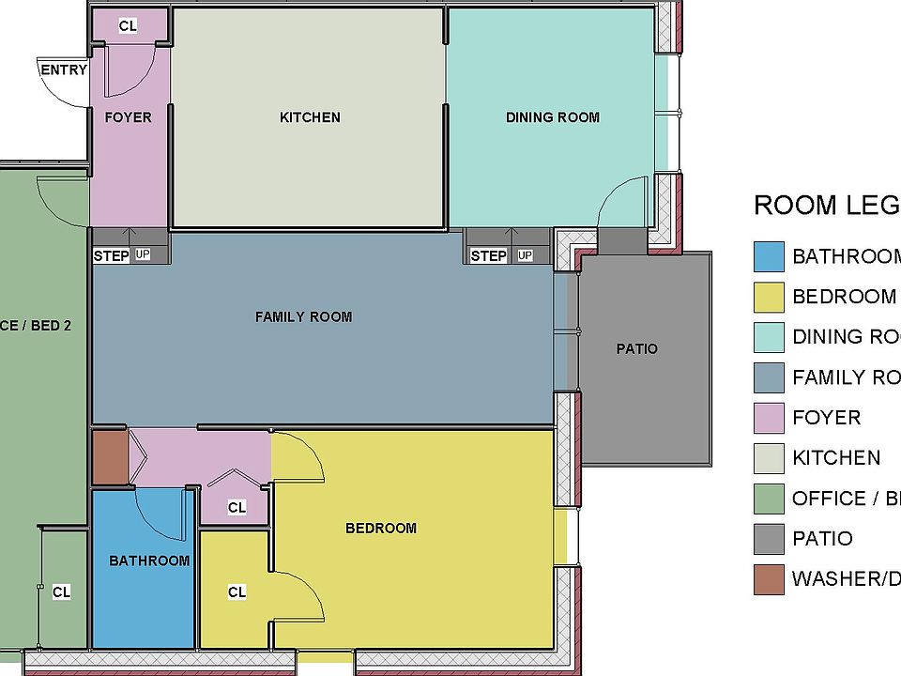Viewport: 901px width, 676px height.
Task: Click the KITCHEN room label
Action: (x=310, y=117)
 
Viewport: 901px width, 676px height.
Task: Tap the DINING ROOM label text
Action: (x=552, y=117)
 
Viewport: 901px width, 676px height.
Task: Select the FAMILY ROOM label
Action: (x=303, y=317)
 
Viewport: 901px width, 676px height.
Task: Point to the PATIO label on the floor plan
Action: (x=636, y=349)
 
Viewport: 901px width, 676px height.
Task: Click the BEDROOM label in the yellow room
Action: (x=380, y=529)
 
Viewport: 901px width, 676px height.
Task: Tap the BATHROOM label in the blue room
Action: (x=149, y=561)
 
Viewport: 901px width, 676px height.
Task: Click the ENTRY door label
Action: (x=63, y=69)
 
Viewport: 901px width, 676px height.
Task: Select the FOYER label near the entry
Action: (x=128, y=117)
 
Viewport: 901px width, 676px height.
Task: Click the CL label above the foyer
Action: (x=128, y=26)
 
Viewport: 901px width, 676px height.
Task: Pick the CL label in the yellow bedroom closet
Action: (x=237, y=592)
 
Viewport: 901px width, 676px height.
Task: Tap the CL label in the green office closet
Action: (x=61, y=592)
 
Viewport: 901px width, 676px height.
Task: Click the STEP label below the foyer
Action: (x=112, y=255)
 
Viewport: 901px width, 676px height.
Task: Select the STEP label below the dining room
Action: (x=488, y=255)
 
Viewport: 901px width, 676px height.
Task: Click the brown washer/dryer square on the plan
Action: (x=109, y=457)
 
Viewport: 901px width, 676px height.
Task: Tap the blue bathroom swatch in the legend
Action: (x=769, y=256)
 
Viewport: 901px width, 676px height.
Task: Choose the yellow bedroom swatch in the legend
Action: (x=769, y=297)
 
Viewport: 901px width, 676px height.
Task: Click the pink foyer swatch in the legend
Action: (x=769, y=418)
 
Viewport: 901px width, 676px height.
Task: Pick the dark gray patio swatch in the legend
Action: (x=769, y=539)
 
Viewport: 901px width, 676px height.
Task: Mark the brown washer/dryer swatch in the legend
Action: (x=769, y=579)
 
